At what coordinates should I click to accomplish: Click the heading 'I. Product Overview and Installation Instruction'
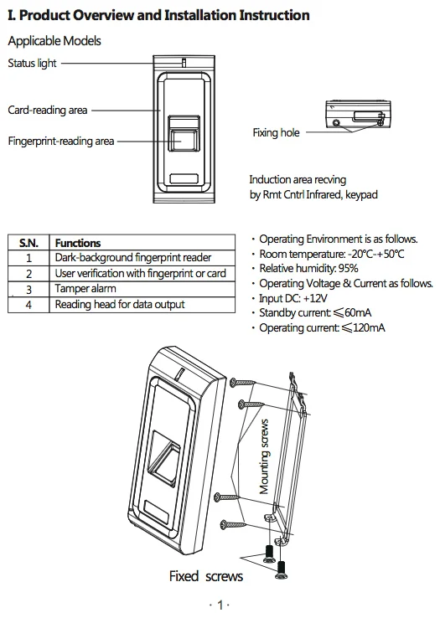158,15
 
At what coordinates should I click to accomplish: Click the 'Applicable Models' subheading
54,41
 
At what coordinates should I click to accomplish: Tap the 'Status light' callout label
33,63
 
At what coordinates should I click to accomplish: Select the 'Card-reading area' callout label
47,110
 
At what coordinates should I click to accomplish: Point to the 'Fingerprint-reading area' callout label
60,142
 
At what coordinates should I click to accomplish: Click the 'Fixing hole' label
276,133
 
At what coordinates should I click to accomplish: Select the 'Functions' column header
78,243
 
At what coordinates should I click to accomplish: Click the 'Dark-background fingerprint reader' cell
133,258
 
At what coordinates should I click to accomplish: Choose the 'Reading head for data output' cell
120,305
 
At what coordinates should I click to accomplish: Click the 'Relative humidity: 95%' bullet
308,269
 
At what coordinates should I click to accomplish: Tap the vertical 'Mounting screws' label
264,456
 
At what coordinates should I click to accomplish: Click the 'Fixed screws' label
206,576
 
